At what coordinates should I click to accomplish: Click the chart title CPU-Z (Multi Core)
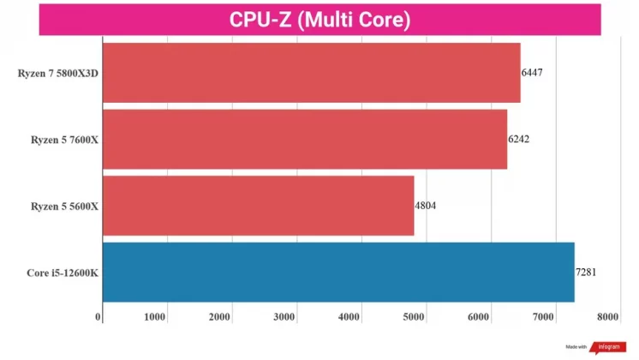tap(319, 19)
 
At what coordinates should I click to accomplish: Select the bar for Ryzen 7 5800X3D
tap(311, 73)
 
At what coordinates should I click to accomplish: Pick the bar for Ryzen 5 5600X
tap(258, 206)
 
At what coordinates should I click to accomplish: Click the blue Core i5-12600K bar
tap(338, 273)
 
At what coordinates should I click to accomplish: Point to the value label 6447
tap(532, 73)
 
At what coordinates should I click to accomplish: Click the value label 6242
tap(518, 139)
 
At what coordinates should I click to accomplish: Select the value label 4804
tap(426, 206)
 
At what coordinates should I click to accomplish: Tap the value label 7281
tap(586, 273)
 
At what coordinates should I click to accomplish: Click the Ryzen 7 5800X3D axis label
tap(58, 73)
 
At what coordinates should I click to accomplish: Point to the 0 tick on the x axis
tap(99, 318)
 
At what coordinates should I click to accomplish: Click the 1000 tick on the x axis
tap(155, 318)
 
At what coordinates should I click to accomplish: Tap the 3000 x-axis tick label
tap(284, 318)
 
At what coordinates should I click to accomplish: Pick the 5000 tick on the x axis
tap(414, 318)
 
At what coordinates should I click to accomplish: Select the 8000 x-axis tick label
tap(608, 318)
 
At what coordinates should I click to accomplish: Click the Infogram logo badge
tap(607, 348)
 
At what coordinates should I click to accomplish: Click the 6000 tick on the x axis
tap(479, 318)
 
